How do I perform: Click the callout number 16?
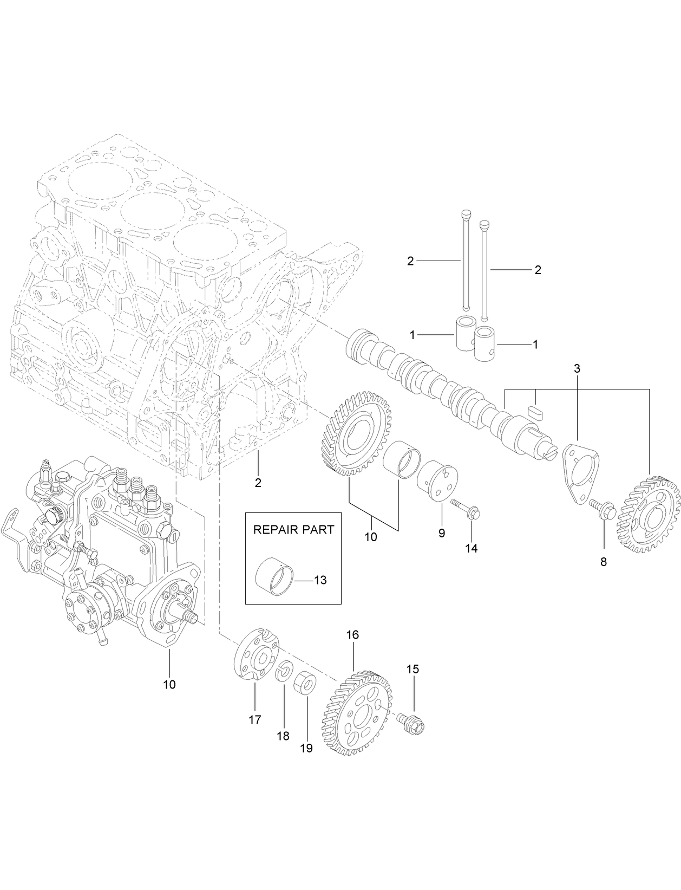352,634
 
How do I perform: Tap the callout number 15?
412,669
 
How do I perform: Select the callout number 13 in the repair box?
320,580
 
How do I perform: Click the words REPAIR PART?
294,530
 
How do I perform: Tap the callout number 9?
442,533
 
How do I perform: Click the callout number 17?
254,720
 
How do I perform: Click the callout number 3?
577,368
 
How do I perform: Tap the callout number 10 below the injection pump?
169,684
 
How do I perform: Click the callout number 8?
603,562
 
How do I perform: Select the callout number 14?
471,548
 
